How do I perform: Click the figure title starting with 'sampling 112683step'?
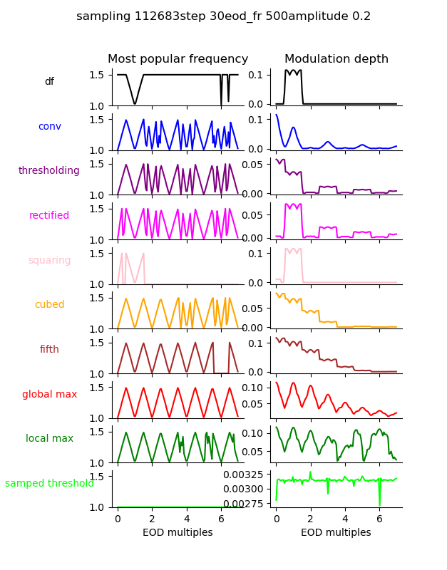(x=223, y=16)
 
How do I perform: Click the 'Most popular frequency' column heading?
(x=178, y=59)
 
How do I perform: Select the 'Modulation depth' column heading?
(x=336, y=59)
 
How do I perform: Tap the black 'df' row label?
(x=49, y=82)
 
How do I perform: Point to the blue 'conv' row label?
(x=49, y=126)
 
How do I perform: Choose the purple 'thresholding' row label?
(x=49, y=171)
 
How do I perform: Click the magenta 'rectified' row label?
(x=49, y=216)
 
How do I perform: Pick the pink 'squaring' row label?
(x=49, y=260)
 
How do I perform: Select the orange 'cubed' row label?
(x=49, y=305)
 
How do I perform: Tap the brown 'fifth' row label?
(x=49, y=350)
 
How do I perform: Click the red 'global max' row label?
(x=49, y=394)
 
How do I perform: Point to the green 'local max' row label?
(x=49, y=439)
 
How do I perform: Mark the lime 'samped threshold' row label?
(x=49, y=484)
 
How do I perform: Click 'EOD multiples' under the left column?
(x=178, y=533)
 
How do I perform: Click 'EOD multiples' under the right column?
(x=336, y=533)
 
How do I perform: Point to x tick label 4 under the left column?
(x=187, y=519)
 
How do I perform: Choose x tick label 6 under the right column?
(x=379, y=519)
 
